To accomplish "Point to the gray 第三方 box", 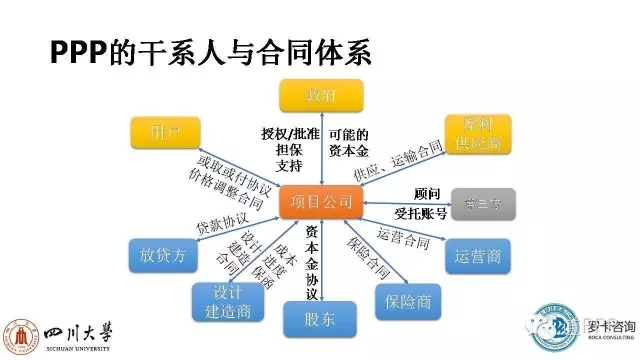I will click(483, 204).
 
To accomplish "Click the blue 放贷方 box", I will click(159, 255).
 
